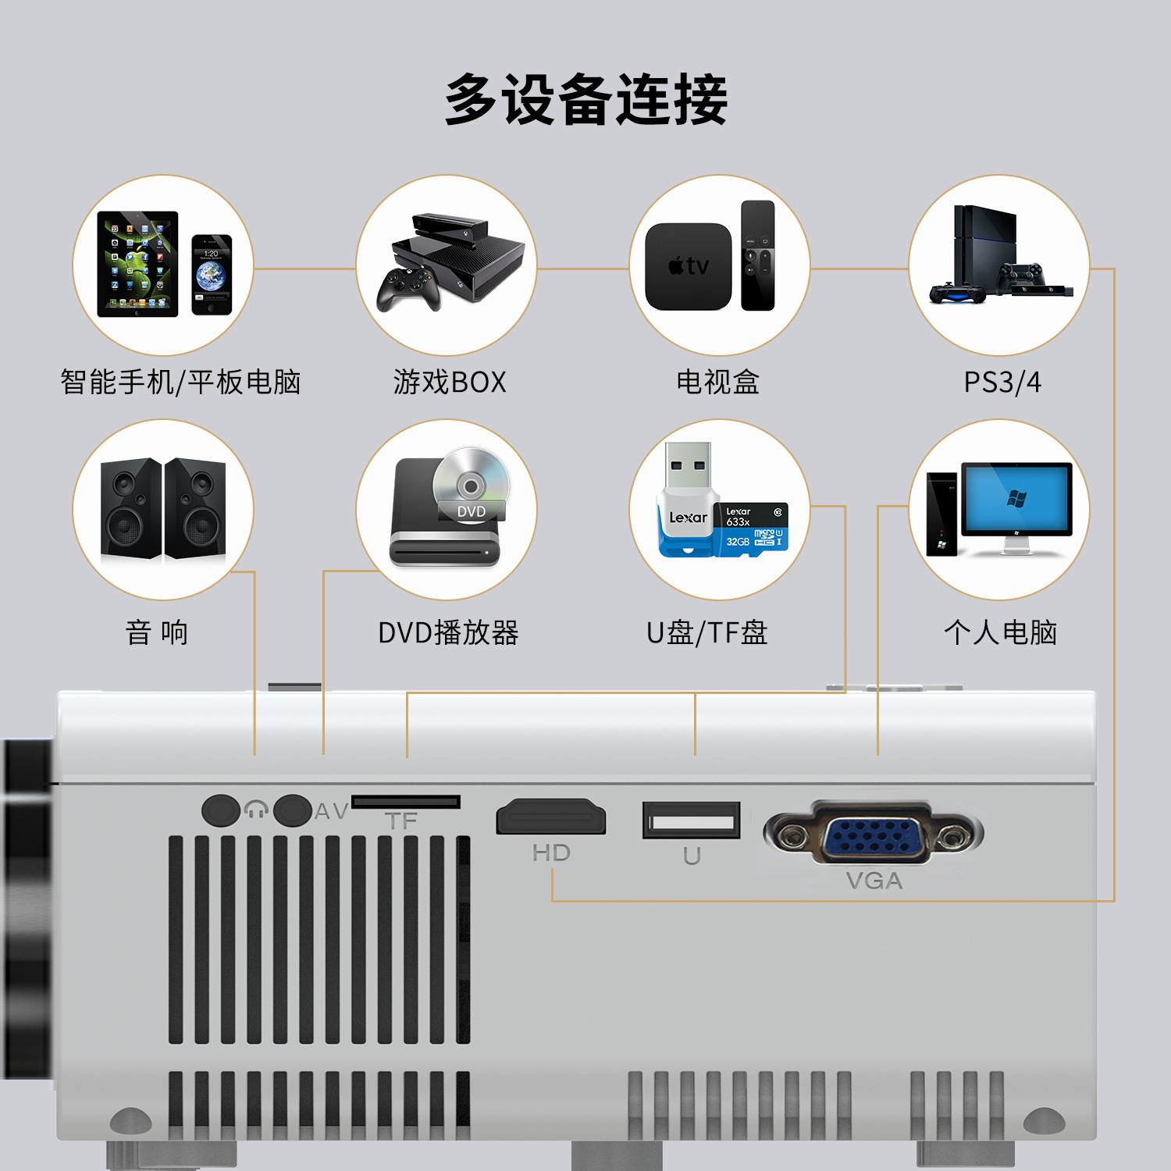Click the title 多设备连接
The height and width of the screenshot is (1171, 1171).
pyautogui.click(x=585, y=99)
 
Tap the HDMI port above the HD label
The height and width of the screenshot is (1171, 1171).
pyautogui.click(x=551, y=817)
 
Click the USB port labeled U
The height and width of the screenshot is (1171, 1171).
pyautogui.click(x=691, y=820)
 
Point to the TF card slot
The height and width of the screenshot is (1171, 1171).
pyautogui.click(x=405, y=802)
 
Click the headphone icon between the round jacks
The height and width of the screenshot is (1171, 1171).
pyautogui.click(x=256, y=810)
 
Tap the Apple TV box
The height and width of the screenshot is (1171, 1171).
pyautogui.click(x=688, y=267)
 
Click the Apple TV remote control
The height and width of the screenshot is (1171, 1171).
pyautogui.click(x=757, y=255)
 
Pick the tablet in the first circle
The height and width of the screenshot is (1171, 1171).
pyautogui.click(x=137, y=264)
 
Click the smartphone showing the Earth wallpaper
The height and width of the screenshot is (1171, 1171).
pyautogui.click(x=212, y=274)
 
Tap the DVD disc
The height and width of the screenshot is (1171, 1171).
pyautogui.click(x=471, y=484)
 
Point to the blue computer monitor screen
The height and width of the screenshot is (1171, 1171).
pyautogui.click(x=1016, y=499)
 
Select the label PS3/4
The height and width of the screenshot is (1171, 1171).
pyautogui.click(x=1002, y=383)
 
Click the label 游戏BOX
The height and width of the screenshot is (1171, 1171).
pyautogui.click(x=450, y=383)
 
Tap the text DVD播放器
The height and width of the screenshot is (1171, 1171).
pyautogui.click(x=448, y=632)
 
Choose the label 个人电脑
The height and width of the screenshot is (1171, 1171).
pyautogui.click(x=1000, y=632)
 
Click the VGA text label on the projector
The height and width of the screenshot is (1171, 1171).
pyautogui.click(x=874, y=881)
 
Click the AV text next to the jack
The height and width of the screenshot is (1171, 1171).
pyautogui.click(x=331, y=811)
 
